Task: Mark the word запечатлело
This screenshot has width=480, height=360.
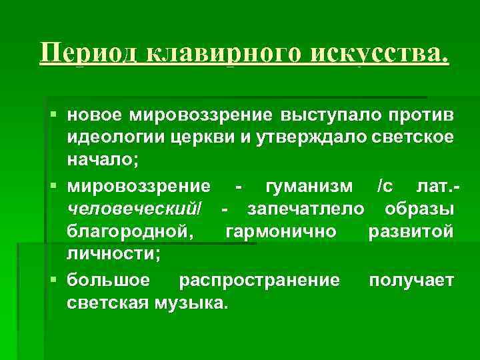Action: [306, 208]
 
